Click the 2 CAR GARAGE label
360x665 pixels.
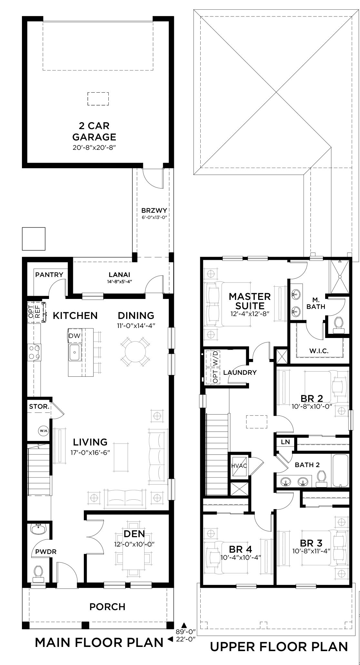pyautogui.click(x=94, y=131)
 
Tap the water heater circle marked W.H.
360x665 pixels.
pyautogui.click(x=43, y=431)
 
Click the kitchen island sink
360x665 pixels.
pyautogui.click(x=75, y=352)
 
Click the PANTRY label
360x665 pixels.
pyautogui.click(x=49, y=275)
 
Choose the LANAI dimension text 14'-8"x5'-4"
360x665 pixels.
pyautogui.click(x=119, y=281)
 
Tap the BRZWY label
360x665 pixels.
pyautogui.click(x=154, y=211)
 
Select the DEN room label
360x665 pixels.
pyautogui.click(x=134, y=534)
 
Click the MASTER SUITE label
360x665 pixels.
pyautogui.click(x=250, y=301)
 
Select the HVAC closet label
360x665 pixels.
pyautogui.click(x=239, y=466)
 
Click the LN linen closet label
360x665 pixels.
pyautogui.click(x=285, y=442)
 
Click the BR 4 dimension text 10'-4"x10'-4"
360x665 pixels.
pyautogui.click(x=241, y=558)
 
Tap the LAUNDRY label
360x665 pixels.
pyautogui.click(x=240, y=373)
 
